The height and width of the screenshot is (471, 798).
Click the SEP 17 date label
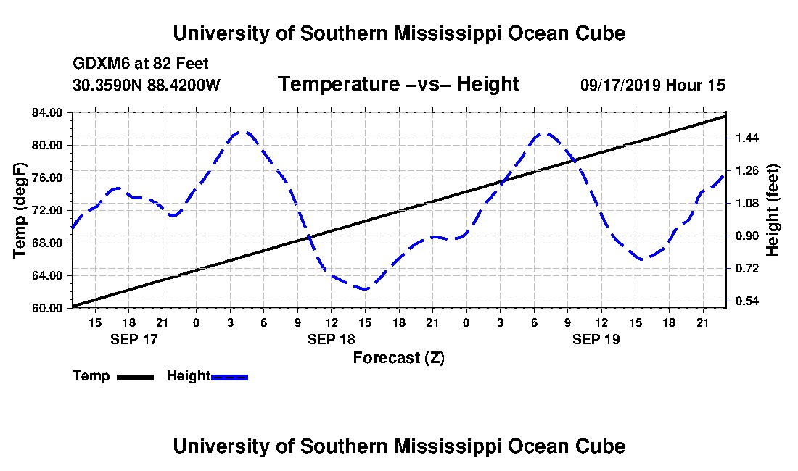(133, 339)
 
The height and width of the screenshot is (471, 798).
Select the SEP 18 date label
(331, 339)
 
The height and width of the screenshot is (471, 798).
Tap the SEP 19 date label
(596, 339)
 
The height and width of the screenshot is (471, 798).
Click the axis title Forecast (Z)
(398, 357)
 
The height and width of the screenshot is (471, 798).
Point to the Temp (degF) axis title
(20, 210)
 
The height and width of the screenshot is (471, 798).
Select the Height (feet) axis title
(773, 210)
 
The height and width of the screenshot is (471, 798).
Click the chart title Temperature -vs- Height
(398, 85)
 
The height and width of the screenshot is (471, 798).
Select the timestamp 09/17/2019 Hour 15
(653, 85)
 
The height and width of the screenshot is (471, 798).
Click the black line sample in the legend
(134, 377)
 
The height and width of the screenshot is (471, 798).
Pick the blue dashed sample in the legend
(230, 377)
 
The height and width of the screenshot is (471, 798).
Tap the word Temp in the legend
(91, 376)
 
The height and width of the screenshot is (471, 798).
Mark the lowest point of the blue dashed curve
(364, 289)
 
